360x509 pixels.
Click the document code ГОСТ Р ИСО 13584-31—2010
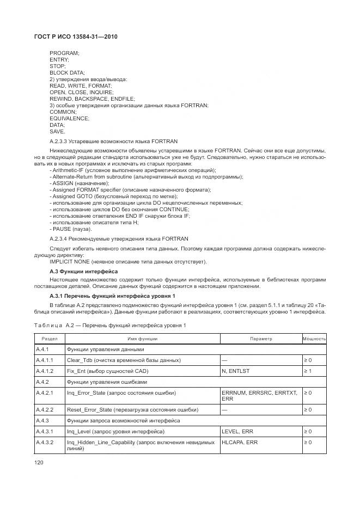(76, 36)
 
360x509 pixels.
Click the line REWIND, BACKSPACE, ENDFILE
(91, 99)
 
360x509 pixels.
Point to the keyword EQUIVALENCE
(69, 118)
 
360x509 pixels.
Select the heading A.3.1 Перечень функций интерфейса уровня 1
(112, 296)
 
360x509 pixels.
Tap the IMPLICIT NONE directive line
(128, 262)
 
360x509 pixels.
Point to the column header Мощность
(314, 339)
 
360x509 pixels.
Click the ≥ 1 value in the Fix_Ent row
(308, 371)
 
